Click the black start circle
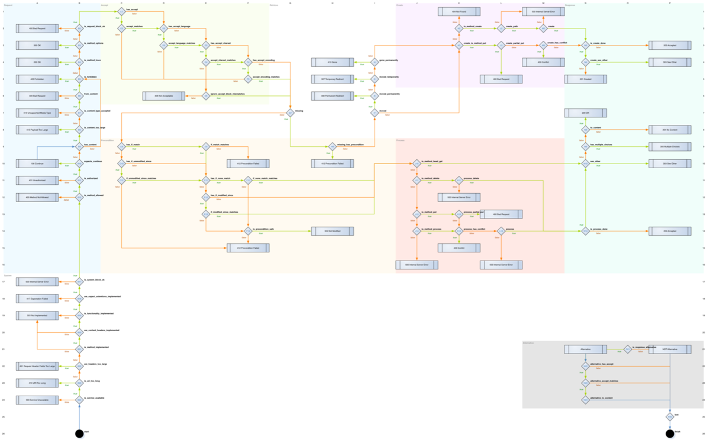click(x=79, y=434)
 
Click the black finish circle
click(x=670, y=434)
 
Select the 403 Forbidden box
click(x=37, y=79)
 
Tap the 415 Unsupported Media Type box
click(x=37, y=113)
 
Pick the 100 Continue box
click(x=37, y=163)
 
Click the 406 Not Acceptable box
click(x=163, y=96)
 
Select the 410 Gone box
click(x=333, y=62)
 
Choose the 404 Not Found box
click(x=459, y=11)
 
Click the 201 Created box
click(x=586, y=79)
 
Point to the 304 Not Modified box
click(x=333, y=231)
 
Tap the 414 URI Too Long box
click(x=37, y=383)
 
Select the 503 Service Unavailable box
click(x=37, y=400)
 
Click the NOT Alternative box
click(x=670, y=349)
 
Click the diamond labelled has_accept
click(x=121, y=11)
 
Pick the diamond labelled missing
click(x=291, y=113)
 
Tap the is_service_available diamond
click(x=79, y=400)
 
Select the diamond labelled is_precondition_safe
click(x=248, y=231)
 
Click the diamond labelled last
click(x=670, y=417)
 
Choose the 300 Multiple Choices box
click(x=670, y=146)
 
